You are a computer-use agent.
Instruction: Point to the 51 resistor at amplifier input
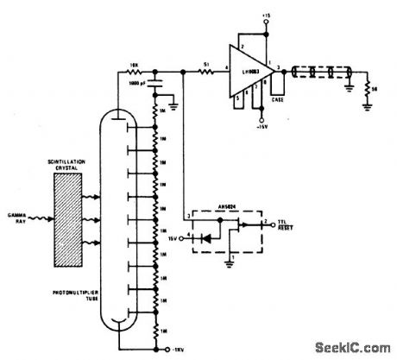[205, 72]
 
